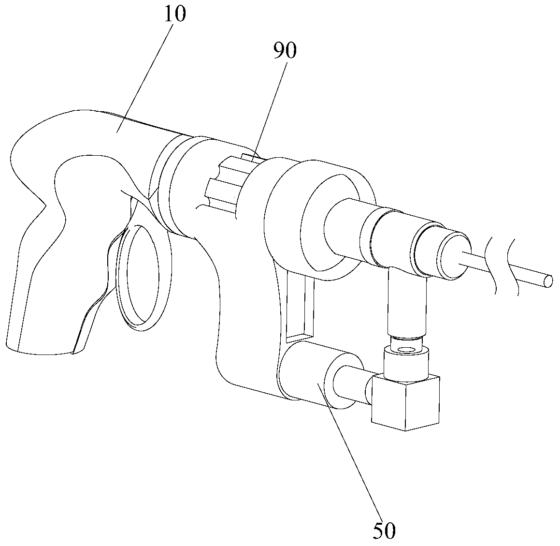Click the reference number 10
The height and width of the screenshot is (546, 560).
pos(175,15)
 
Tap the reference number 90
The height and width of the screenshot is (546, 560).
pos(285,51)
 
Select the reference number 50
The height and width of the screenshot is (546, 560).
pos(384,531)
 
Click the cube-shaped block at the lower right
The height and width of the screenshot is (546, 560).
pos(406,401)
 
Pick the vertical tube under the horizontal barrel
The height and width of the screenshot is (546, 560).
pos(407,300)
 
